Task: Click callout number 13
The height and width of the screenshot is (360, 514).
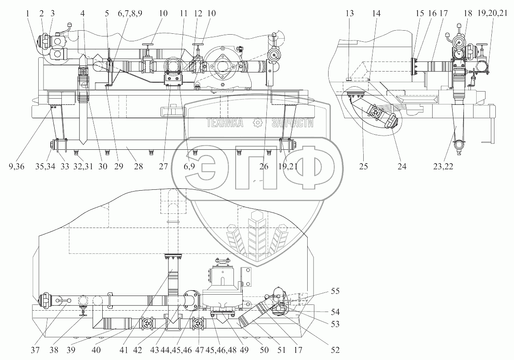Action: click(350, 14)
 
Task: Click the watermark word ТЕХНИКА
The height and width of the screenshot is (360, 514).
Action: click(225, 123)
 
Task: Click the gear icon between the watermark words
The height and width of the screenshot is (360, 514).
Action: click(257, 123)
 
